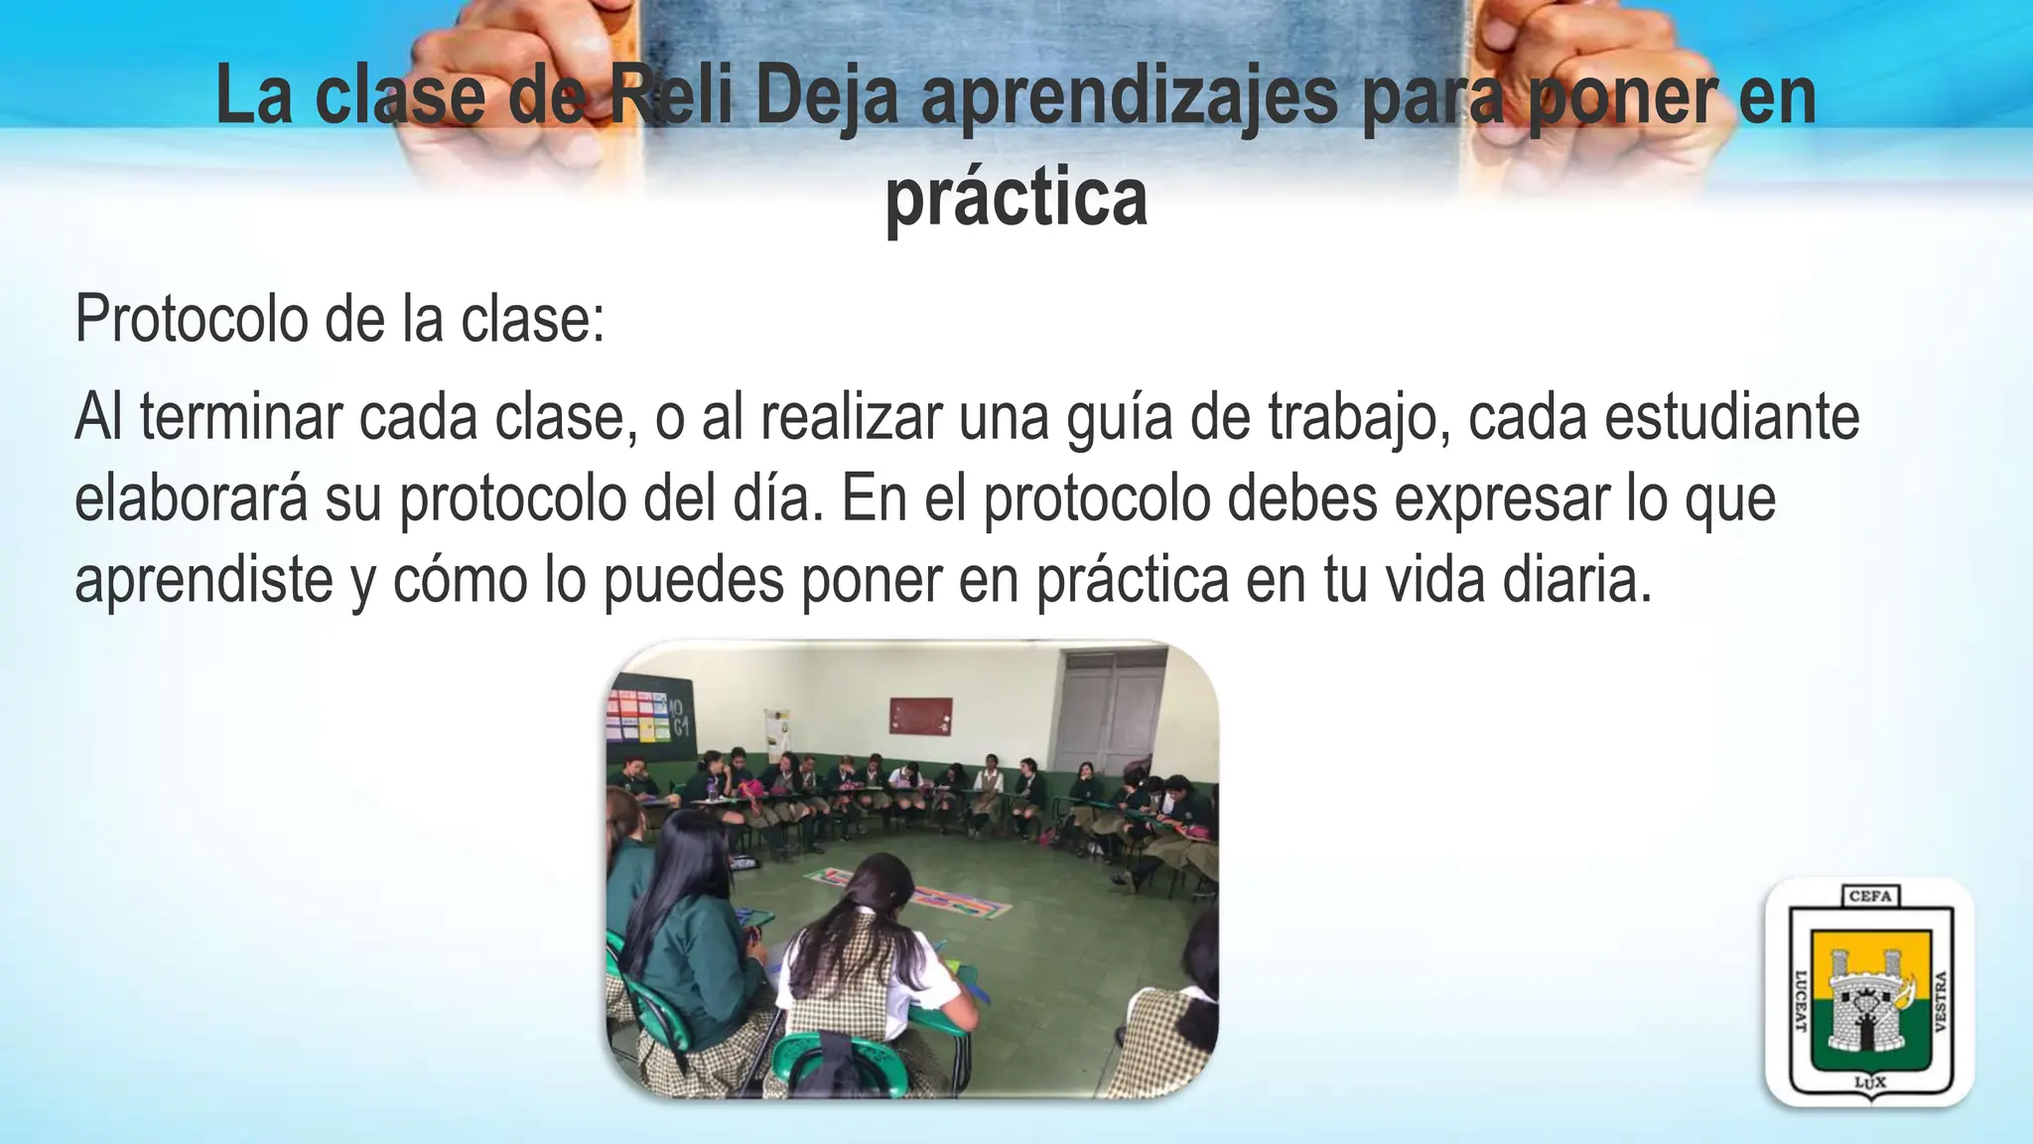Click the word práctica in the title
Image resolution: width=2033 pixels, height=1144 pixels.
pos(1016,200)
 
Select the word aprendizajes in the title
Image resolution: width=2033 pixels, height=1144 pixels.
pos(1131,97)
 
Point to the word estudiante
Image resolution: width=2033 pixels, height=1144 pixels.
pos(1731,418)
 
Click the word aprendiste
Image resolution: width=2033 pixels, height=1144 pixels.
pos(203,581)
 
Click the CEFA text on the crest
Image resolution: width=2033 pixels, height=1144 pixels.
pos(1870,897)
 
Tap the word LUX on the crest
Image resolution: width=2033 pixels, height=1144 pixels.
pos(1869,1082)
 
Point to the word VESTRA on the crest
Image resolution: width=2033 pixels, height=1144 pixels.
pos(1934,999)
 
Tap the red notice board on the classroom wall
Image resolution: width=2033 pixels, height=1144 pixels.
pos(920,715)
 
